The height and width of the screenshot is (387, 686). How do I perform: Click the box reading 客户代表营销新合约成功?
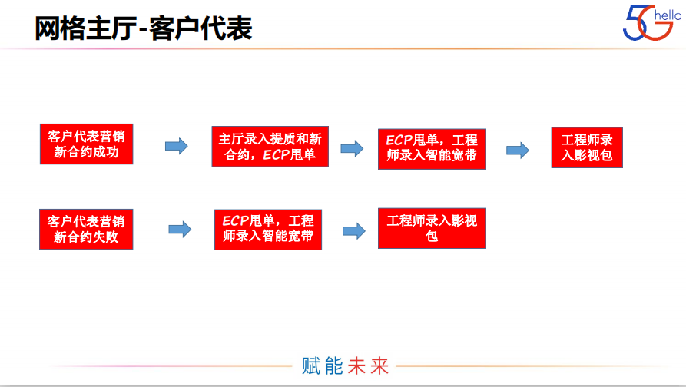86,144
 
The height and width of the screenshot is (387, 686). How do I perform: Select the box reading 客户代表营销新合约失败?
86,229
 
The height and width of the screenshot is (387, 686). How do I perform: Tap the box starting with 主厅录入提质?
270,147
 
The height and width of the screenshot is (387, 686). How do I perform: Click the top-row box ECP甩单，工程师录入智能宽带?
432,149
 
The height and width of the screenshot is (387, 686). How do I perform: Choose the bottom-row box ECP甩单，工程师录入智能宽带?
268,230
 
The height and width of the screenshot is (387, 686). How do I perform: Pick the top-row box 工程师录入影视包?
587,147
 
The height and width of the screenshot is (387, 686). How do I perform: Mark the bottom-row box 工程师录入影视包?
432,228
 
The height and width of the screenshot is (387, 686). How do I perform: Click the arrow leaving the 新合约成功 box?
177,146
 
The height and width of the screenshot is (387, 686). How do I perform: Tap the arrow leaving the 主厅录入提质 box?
352,149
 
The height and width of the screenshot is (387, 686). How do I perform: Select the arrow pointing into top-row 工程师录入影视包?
518,150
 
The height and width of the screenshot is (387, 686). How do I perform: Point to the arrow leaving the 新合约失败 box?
180,229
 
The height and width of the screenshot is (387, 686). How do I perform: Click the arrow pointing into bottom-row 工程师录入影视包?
354,231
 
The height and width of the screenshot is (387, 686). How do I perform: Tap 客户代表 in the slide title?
200,28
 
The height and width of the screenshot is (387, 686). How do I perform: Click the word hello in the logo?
668,15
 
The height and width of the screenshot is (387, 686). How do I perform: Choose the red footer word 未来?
368,366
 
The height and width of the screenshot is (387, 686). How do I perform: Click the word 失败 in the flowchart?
105,237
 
